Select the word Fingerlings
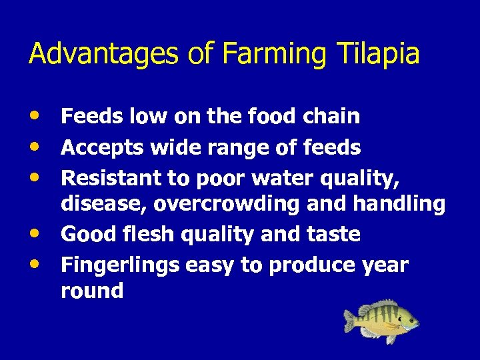pyautogui.click(x=119, y=265)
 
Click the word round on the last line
pyautogui.click(x=92, y=291)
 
